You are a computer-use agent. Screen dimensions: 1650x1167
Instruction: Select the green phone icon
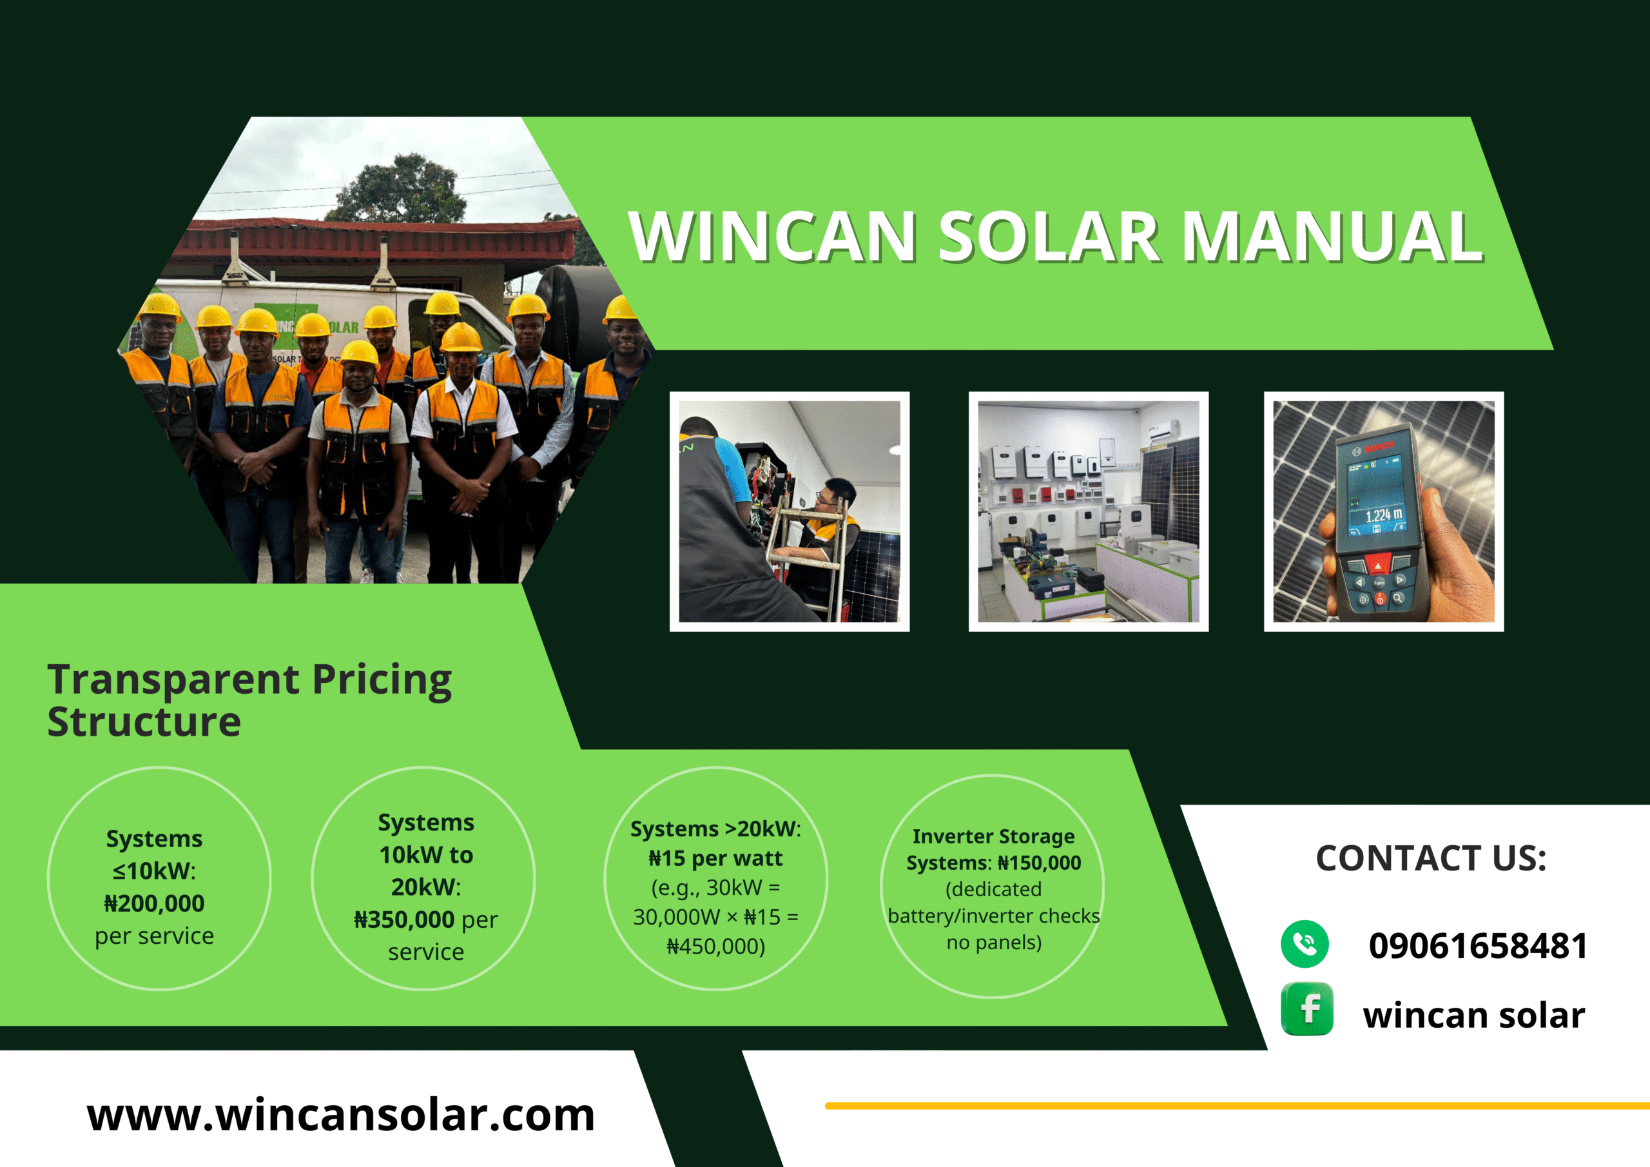(1305, 944)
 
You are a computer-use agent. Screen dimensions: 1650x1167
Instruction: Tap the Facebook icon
(1307, 1009)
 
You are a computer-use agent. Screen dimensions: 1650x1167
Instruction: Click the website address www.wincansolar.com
(341, 1115)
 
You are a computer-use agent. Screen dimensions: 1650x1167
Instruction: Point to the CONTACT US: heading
(1431, 858)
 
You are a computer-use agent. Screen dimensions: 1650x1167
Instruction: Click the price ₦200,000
(155, 903)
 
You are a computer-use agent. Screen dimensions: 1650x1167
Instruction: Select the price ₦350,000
(405, 919)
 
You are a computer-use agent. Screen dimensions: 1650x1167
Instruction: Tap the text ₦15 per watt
(716, 858)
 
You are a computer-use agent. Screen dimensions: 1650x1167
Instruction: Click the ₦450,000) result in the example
(716, 946)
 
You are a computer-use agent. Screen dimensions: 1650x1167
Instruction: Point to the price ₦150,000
(1039, 863)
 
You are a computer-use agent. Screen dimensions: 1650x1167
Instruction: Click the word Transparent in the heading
(173, 681)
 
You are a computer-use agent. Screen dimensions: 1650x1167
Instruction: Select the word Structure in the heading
(144, 722)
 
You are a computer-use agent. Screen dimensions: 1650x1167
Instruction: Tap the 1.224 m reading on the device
(1383, 515)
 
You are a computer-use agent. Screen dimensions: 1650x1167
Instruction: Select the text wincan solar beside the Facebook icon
(1474, 1015)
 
